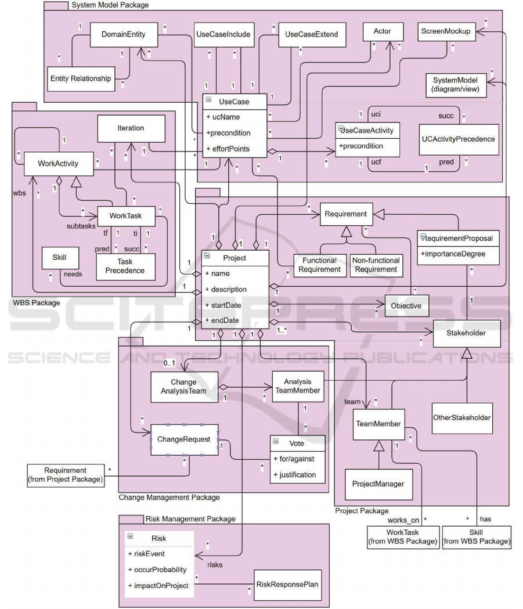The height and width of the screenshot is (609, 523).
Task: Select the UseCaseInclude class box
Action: point(223,35)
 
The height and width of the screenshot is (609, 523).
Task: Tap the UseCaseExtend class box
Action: point(308,35)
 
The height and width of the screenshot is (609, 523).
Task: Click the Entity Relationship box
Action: point(80,78)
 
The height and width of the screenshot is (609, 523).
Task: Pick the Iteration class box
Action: point(130,128)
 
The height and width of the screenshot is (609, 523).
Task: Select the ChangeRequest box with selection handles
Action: point(184,439)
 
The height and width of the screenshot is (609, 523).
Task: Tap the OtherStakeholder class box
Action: point(462,417)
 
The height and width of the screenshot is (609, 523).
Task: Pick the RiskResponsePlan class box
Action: point(287,584)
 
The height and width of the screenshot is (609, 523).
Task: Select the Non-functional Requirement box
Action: point(375,265)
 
